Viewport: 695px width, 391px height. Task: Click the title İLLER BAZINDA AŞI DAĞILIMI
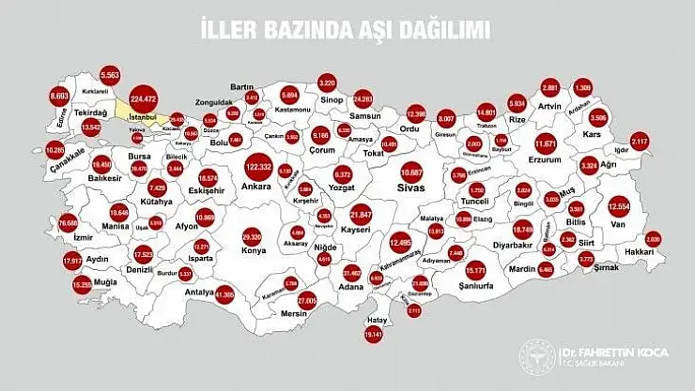(347, 29)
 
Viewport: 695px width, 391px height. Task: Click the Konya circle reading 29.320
(252, 237)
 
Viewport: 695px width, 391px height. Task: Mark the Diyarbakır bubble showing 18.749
(523, 229)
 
